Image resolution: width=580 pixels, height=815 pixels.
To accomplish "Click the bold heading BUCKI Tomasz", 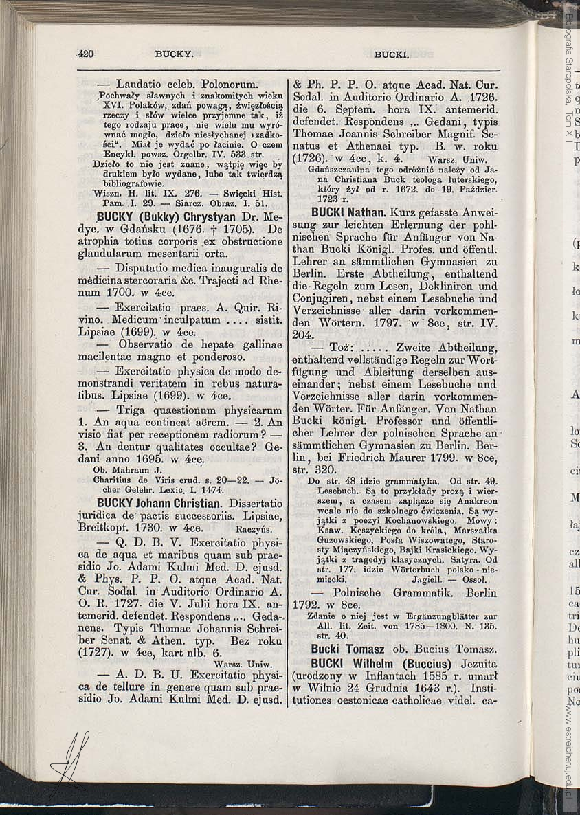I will (348, 649).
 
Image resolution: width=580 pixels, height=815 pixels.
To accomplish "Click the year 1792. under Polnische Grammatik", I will (307, 605).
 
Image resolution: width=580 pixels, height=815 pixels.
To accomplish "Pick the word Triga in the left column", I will (134, 409).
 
